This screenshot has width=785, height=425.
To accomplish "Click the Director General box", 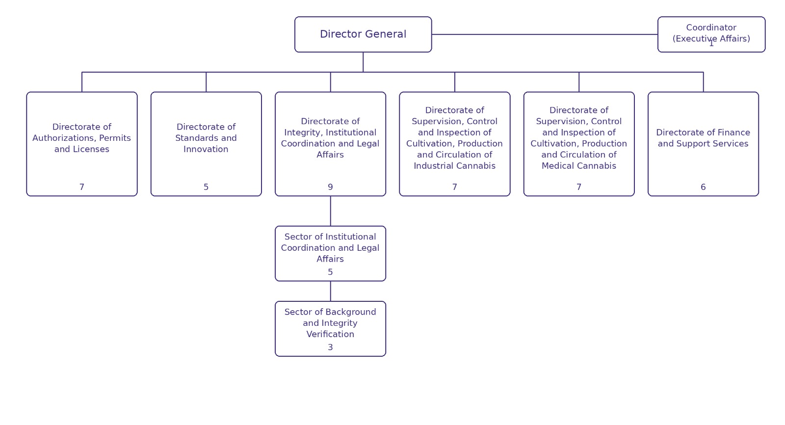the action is pyautogui.click(x=363, y=34).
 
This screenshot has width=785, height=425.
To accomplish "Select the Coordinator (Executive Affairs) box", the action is pyautogui.click(x=711, y=34).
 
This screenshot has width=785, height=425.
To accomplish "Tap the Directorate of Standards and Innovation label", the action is pyautogui.click(x=206, y=138).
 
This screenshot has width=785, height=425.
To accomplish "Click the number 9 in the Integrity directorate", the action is pyautogui.click(x=330, y=187).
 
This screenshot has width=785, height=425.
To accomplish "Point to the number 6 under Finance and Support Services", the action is pyautogui.click(x=703, y=187).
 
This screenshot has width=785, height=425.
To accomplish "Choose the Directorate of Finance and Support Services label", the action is pyautogui.click(x=703, y=138).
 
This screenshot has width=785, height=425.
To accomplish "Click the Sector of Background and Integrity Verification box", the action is pyautogui.click(x=331, y=329).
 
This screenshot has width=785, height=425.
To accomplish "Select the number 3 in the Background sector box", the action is pyautogui.click(x=330, y=347).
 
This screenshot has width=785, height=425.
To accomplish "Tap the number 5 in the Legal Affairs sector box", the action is pyautogui.click(x=330, y=272).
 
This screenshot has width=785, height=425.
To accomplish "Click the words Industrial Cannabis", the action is pyautogui.click(x=454, y=166).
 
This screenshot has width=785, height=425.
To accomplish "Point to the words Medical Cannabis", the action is pyautogui.click(x=579, y=166).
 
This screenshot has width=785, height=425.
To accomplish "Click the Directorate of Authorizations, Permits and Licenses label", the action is pyautogui.click(x=81, y=138).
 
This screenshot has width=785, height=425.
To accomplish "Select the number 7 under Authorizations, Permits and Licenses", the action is pyautogui.click(x=81, y=187).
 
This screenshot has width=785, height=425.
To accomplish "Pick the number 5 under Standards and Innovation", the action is pyautogui.click(x=206, y=187).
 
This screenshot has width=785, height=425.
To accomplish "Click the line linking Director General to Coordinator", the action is pyautogui.click(x=545, y=34).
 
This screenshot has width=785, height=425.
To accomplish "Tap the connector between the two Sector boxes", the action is pyautogui.click(x=331, y=291).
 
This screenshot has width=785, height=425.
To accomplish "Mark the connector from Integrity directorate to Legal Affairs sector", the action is pyautogui.click(x=331, y=211).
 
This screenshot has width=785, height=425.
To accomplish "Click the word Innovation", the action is pyautogui.click(x=206, y=149).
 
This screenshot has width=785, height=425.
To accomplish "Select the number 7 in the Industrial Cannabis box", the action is pyautogui.click(x=454, y=187).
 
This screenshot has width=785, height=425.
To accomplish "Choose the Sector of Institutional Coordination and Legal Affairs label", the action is pyautogui.click(x=330, y=248).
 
